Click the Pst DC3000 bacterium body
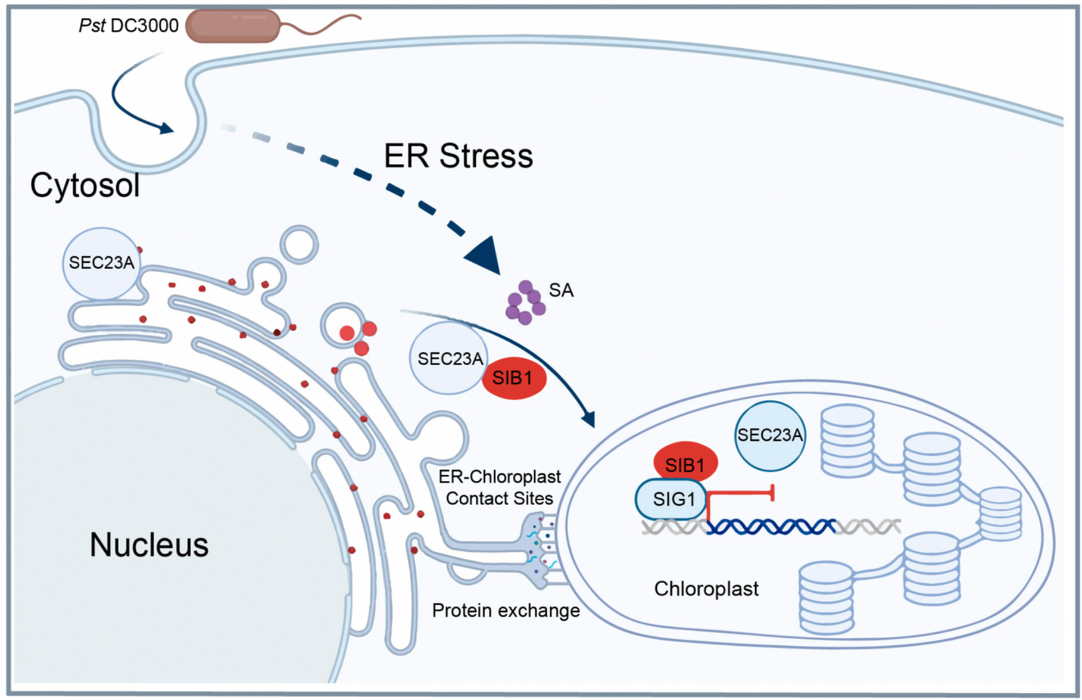pos(233,26)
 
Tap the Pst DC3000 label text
pos(129,26)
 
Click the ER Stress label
pos(458,156)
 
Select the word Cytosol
pos(85,185)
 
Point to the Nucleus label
pos(149,545)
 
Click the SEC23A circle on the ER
pos(101,263)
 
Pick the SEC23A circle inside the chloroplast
pos(770,435)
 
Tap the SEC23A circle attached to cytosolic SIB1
pos(448,359)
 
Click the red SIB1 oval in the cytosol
pos(513,378)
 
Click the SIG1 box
pos(673,499)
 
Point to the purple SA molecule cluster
pos(525,303)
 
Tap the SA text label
pos(561,290)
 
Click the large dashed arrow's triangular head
pos(485,256)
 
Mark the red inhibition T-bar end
pos(772,493)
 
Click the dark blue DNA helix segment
pos(771,527)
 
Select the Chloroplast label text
pos(706,589)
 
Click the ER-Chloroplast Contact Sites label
pos(500,487)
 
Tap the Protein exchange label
pos(506,611)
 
